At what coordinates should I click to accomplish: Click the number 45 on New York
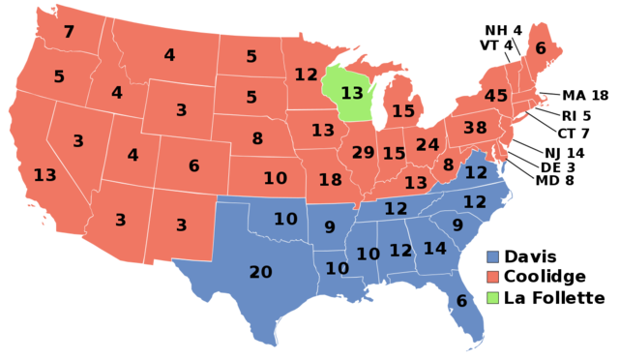pyautogui.click(x=495, y=96)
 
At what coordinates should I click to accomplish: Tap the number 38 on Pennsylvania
pyautogui.click(x=475, y=128)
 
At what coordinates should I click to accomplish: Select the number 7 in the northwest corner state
pyautogui.click(x=69, y=32)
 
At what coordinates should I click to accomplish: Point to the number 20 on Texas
pyautogui.click(x=260, y=272)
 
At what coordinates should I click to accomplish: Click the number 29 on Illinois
pyautogui.click(x=363, y=152)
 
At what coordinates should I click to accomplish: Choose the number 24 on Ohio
pyautogui.click(x=427, y=145)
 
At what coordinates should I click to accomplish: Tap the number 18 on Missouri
pyautogui.click(x=330, y=179)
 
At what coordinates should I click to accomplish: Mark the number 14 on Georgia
pyautogui.click(x=434, y=249)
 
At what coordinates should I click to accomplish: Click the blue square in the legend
pyautogui.click(x=493, y=257)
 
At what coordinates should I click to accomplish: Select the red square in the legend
pyautogui.click(x=493, y=277)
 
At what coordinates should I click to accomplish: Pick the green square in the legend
pyautogui.click(x=493, y=297)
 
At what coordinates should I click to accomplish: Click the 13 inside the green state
pyautogui.click(x=352, y=93)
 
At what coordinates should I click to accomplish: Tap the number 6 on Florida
pyautogui.click(x=461, y=301)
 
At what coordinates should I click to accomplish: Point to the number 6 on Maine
pyautogui.click(x=540, y=48)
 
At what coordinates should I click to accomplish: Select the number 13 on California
pyautogui.click(x=44, y=175)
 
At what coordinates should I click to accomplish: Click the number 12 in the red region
pyautogui.click(x=306, y=75)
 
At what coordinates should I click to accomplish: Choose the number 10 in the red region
pyautogui.click(x=275, y=178)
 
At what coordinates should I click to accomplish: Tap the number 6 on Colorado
pyautogui.click(x=193, y=165)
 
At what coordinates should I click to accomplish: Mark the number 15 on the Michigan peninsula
pyautogui.click(x=402, y=111)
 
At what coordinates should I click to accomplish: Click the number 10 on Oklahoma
pyautogui.click(x=285, y=219)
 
